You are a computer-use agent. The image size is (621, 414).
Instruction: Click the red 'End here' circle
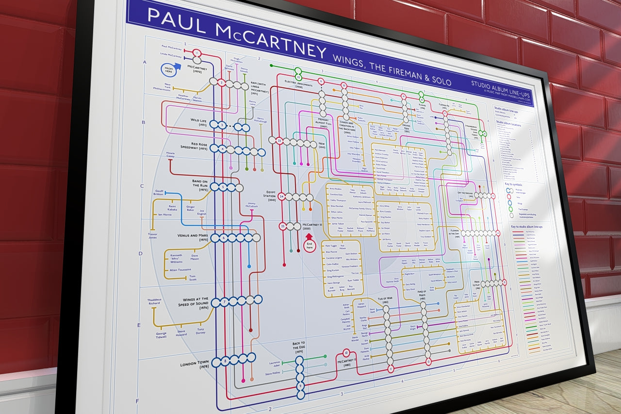point(310,244)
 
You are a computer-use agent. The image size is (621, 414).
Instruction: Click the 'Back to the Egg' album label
point(298,347)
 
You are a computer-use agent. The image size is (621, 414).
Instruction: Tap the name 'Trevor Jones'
point(153,236)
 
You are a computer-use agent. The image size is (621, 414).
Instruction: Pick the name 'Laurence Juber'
point(274,364)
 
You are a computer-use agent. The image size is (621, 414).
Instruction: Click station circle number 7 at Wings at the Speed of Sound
point(225,302)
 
